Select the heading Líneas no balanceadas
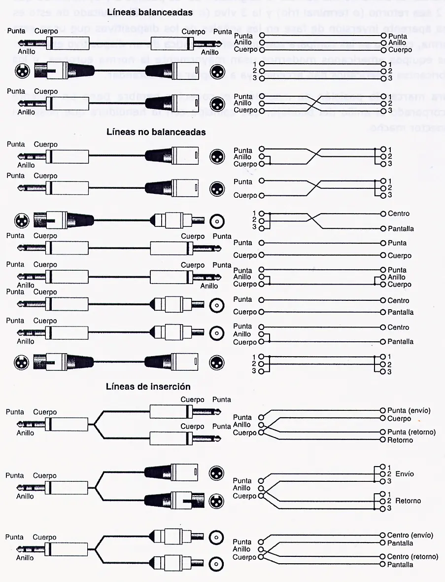[156, 132]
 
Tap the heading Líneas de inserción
[148, 387]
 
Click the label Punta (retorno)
[411, 432]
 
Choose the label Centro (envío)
[410, 535]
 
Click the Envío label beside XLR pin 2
[404, 474]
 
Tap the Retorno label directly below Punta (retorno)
[400, 440]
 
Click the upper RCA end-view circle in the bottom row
[216, 537]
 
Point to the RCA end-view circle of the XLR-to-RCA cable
[216, 222]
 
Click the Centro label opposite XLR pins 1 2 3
[398, 214]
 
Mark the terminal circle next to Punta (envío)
[382, 410]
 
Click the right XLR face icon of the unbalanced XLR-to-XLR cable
[216, 363]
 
